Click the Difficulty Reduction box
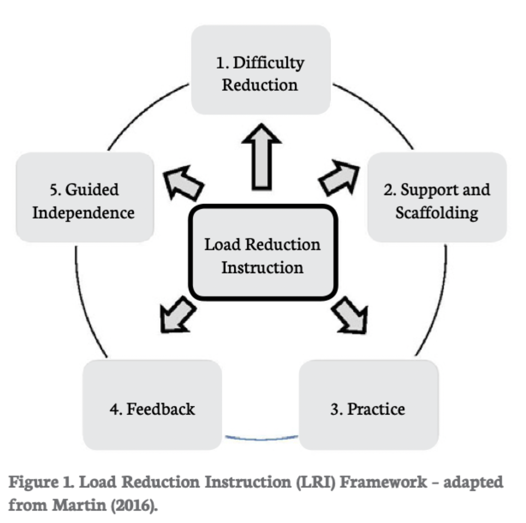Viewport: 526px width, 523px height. coord(260,70)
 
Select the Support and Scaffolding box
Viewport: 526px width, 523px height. coord(437,197)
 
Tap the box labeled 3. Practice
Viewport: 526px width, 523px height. coord(368,405)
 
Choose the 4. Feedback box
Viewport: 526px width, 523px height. coord(152,405)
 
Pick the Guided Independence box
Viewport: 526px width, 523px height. coord(84,197)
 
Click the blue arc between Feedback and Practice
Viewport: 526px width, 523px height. coord(261,438)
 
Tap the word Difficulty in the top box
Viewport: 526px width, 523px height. coord(269,63)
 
